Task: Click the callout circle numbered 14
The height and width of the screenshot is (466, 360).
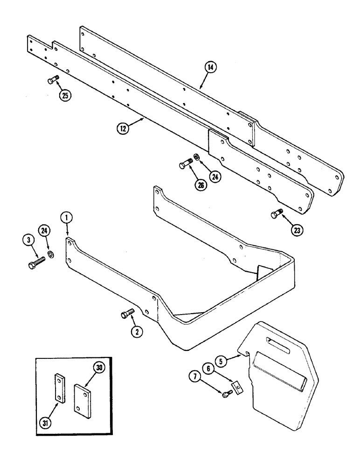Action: pos(211,68)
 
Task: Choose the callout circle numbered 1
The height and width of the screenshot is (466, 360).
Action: pos(67,217)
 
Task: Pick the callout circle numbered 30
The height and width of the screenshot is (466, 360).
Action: pos(99,367)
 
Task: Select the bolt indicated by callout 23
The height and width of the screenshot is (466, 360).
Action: pos(275,214)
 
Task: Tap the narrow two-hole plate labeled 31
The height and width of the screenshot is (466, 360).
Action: pos(59,387)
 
